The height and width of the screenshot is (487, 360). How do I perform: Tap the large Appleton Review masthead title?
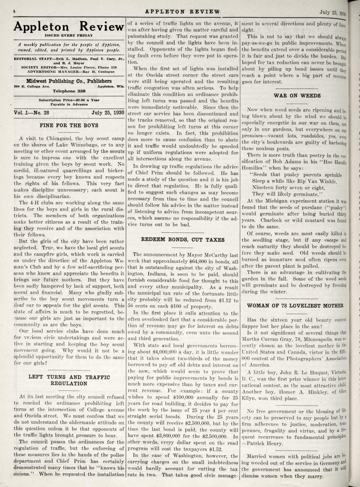[69, 27]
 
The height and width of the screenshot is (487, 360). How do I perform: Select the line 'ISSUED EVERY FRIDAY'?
[69, 35]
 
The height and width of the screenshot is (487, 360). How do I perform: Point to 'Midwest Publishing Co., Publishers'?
[69, 81]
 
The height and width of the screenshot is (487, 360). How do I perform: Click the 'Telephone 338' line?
[69, 91]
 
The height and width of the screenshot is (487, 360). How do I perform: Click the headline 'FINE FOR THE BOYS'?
[69, 125]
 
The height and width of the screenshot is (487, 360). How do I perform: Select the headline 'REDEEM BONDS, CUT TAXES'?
[183, 240]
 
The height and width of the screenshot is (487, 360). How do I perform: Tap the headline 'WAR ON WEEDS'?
[297, 96]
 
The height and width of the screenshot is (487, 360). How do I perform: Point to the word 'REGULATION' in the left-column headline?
[69, 384]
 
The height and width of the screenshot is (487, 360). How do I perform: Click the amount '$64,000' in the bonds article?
[198, 261]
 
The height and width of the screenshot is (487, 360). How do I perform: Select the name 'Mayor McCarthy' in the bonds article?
[208, 254]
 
